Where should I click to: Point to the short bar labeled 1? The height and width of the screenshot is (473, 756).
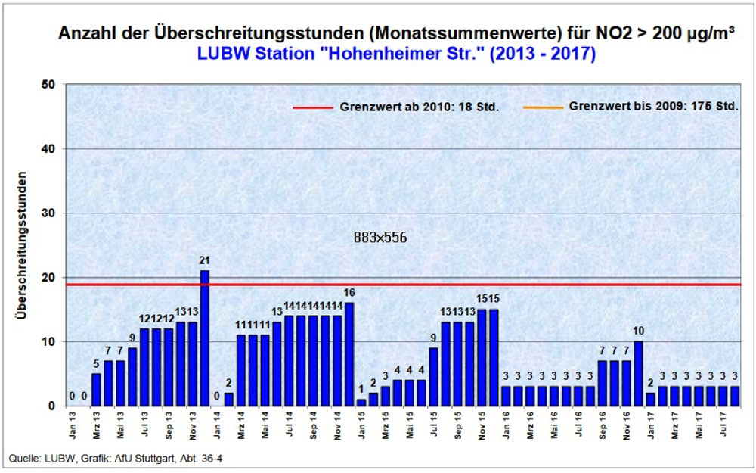[361, 403]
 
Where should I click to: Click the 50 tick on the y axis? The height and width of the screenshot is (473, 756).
[50, 84]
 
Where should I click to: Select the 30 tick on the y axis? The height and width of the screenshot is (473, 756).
[50, 213]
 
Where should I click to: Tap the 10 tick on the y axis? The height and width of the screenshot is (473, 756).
[50, 341]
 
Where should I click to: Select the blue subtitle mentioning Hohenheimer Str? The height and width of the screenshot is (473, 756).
[396, 54]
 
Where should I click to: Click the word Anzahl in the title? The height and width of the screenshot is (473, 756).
[88, 35]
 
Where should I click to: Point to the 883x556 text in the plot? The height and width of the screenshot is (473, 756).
[380, 237]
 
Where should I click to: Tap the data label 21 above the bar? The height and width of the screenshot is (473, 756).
[204, 260]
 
